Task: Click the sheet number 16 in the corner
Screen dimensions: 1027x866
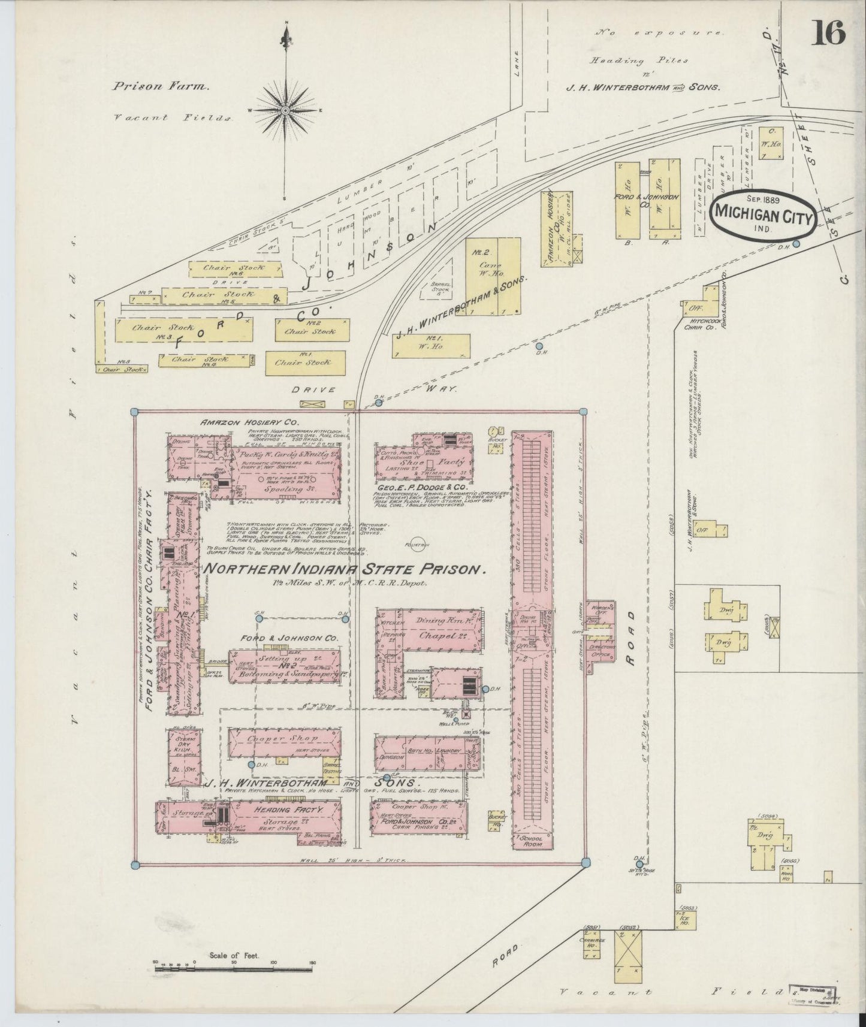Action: pyautogui.click(x=828, y=32)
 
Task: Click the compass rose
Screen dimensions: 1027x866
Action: pyautogui.click(x=286, y=111)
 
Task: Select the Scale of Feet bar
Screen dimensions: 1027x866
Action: pyautogui.click(x=234, y=980)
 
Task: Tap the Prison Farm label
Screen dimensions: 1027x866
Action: pyautogui.click(x=160, y=86)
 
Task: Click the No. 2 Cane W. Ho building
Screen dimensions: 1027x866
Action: pyautogui.click(x=493, y=276)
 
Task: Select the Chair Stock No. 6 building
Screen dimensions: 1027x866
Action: pyautogui.click(x=235, y=268)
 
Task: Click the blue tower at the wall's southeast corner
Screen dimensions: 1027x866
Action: pyautogui.click(x=583, y=863)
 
